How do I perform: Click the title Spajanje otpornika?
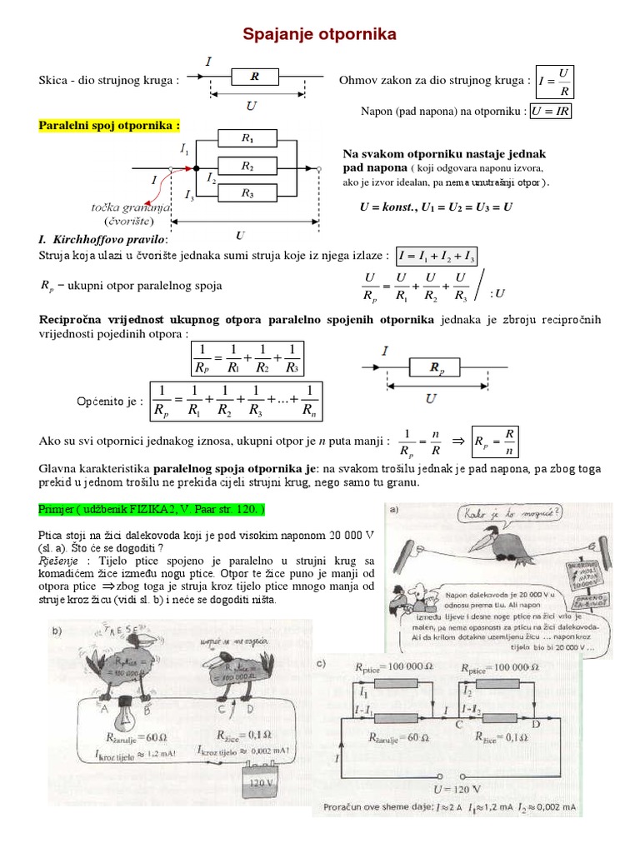pyautogui.click(x=319, y=34)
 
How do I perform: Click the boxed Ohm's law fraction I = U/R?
pyautogui.click(x=555, y=82)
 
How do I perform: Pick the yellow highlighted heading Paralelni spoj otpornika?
pyautogui.click(x=109, y=126)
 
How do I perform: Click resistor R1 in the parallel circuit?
pyautogui.click(x=247, y=137)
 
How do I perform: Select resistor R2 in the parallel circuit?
pyautogui.click(x=247, y=167)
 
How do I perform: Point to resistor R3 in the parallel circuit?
pyautogui.click(x=247, y=194)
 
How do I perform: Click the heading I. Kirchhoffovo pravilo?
pyautogui.click(x=104, y=239)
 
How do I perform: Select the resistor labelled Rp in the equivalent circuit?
pyautogui.click(x=436, y=366)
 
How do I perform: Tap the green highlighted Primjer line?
pyautogui.click(x=152, y=508)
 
